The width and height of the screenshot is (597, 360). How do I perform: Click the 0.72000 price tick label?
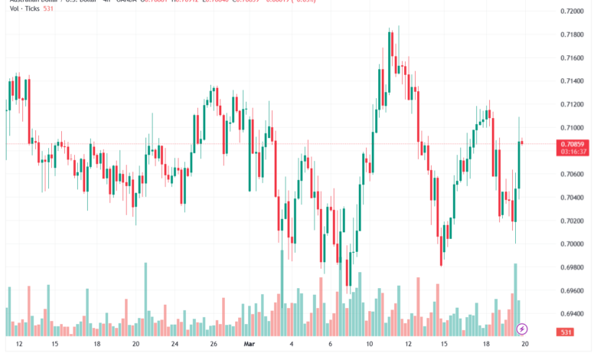[x=573, y=11]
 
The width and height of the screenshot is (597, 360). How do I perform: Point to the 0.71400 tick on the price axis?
[x=573, y=81]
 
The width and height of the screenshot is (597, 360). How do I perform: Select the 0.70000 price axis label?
[x=573, y=244]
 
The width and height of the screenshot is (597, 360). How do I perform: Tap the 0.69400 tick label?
[x=573, y=314]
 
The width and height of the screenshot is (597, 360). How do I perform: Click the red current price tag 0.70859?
[x=573, y=143]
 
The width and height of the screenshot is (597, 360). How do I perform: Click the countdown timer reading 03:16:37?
[x=573, y=152]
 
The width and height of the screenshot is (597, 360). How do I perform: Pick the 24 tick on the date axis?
[x=175, y=345]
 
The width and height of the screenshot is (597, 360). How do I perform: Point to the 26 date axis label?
[x=213, y=345]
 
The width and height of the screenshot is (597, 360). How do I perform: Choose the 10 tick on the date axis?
[x=369, y=345]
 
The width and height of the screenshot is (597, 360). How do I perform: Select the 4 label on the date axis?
[x=291, y=345]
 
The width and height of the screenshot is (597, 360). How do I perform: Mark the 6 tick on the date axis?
[x=330, y=345]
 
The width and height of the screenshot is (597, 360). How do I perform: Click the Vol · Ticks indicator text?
[x=21, y=9]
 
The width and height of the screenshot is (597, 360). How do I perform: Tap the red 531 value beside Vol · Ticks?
[x=48, y=9]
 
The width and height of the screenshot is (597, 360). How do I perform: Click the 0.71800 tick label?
[x=573, y=35]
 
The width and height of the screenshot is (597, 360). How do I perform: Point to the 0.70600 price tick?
[x=573, y=175]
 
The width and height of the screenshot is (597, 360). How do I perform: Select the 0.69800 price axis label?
[x=573, y=267]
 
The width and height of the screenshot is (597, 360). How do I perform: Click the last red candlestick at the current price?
[x=523, y=142]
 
